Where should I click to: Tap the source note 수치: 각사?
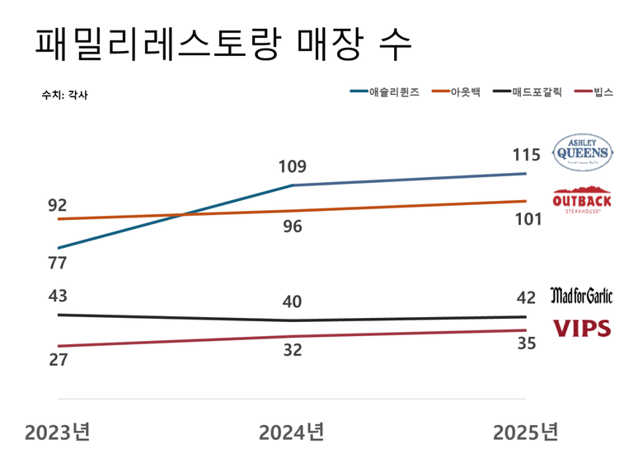(x=64, y=95)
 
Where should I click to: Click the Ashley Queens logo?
(x=583, y=152)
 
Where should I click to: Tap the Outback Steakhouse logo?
(x=582, y=199)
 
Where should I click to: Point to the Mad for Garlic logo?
(x=581, y=295)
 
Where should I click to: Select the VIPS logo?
(x=581, y=328)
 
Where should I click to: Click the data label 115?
(x=525, y=155)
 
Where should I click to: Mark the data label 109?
(x=292, y=167)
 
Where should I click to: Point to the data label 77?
(x=57, y=264)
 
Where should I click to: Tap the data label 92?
(x=57, y=205)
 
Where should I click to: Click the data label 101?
(x=525, y=220)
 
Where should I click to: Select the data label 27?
(x=57, y=360)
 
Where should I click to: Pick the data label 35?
(x=525, y=343)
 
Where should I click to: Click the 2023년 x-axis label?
(x=57, y=432)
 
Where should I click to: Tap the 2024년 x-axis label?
(x=292, y=432)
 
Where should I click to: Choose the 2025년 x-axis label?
(x=525, y=432)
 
